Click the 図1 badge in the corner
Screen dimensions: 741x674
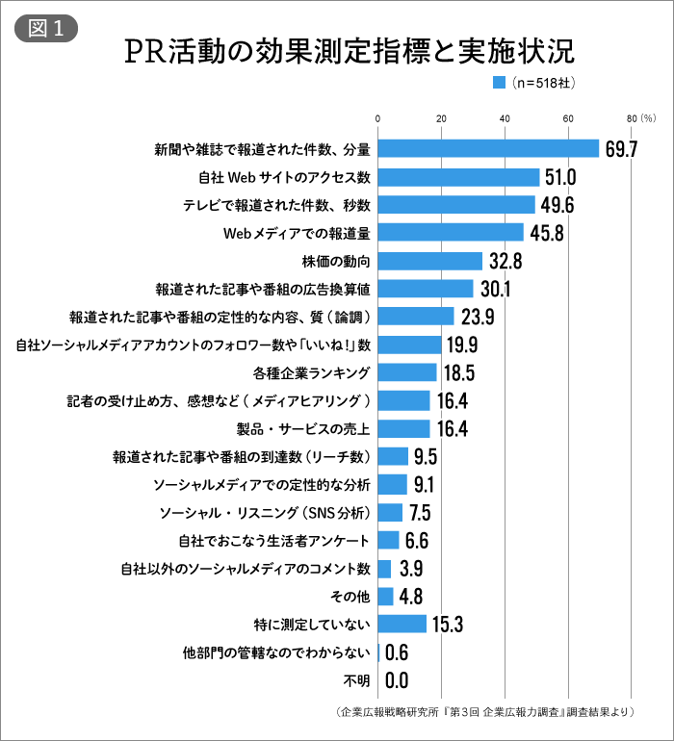pos(46,28)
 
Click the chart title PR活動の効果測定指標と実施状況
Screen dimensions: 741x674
pos(350,50)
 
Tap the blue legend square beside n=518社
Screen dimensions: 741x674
pos(499,84)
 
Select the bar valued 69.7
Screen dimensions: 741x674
pos(488,148)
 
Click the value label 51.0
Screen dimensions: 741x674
pos(559,177)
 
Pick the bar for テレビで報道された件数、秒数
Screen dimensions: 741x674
pos(456,205)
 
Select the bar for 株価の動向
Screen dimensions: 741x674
pos(429,261)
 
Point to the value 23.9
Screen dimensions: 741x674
pos(477,317)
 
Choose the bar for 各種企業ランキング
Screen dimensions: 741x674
pos(407,372)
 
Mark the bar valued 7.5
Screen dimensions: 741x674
pos(390,512)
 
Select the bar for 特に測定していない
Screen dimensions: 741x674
pos(402,624)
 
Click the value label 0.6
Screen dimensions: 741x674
pos(397,652)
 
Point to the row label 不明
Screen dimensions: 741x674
pos(356,680)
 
